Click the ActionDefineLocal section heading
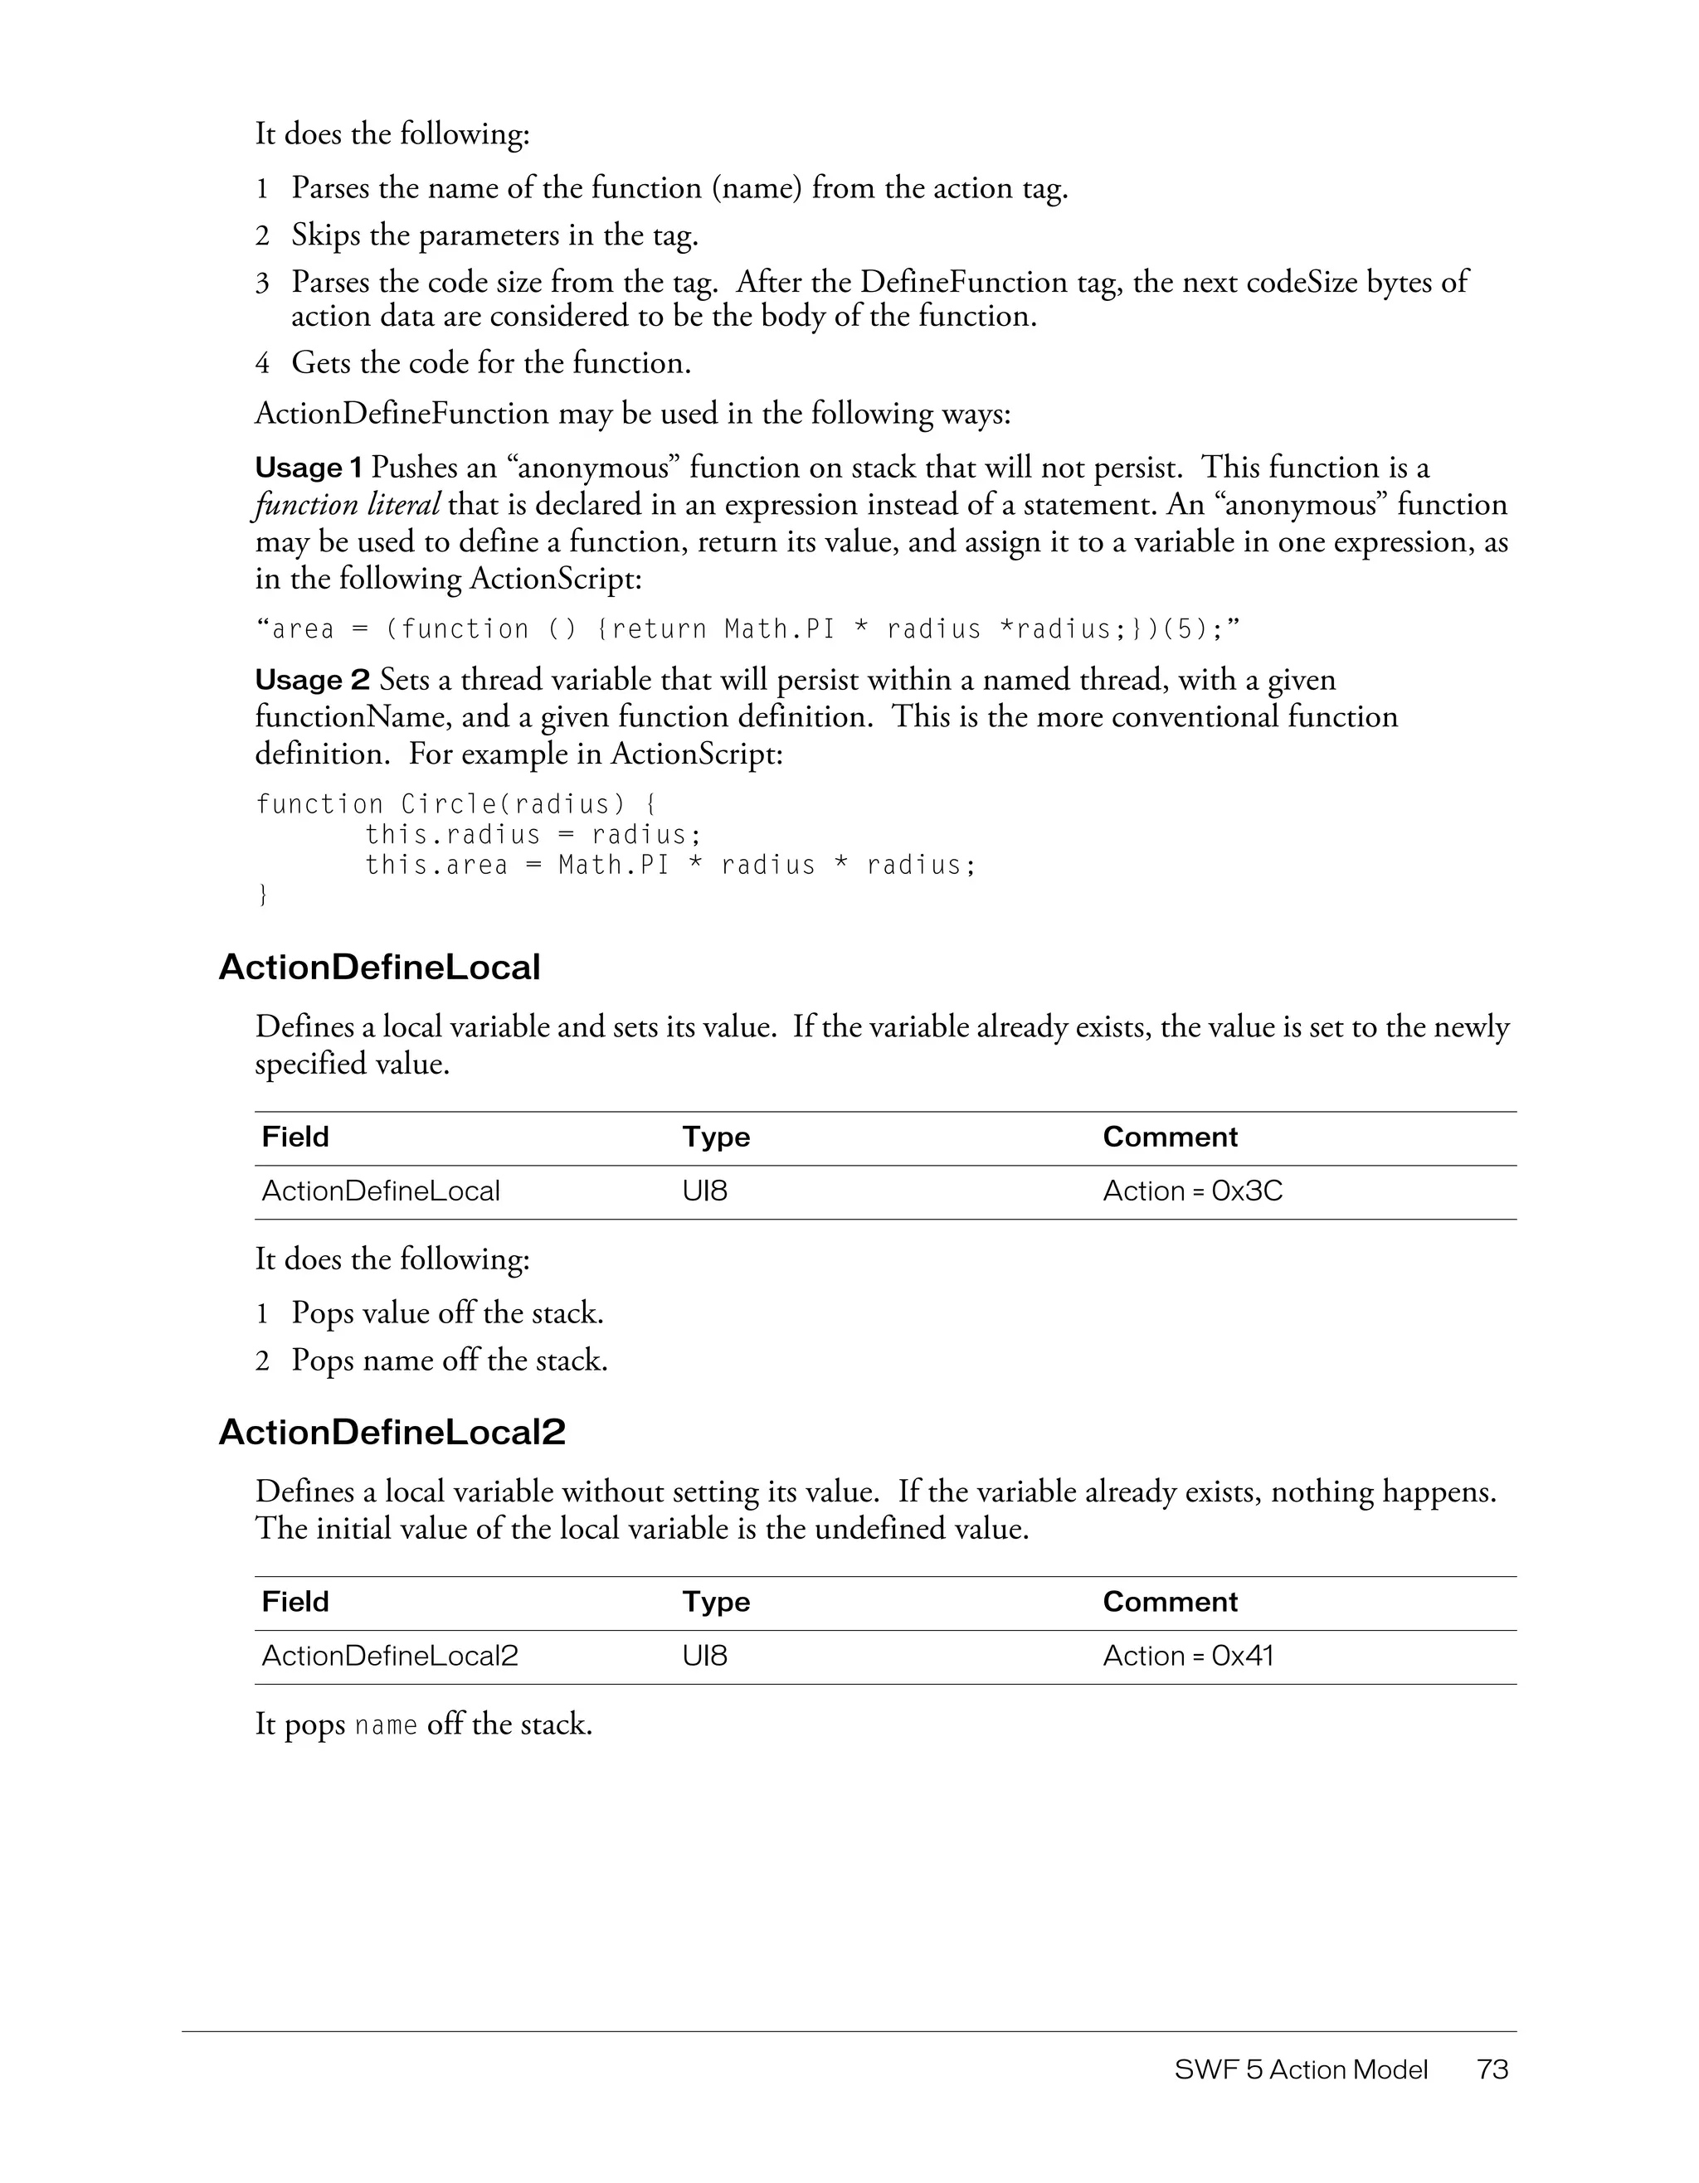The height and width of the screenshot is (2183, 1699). (x=379, y=968)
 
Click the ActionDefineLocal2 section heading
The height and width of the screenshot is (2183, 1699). (x=392, y=1433)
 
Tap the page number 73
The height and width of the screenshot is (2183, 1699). (x=1492, y=2069)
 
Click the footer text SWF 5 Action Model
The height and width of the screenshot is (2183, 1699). (x=1300, y=2069)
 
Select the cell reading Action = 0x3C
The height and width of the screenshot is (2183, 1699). (x=1192, y=1191)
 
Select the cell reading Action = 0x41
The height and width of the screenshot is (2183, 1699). (x=1187, y=1657)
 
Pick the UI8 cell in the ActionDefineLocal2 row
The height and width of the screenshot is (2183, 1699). (x=705, y=1657)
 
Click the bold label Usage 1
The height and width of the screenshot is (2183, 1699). (x=308, y=468)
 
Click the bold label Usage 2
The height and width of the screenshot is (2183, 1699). (x=312, y=681)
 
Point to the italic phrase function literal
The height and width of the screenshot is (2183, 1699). (x=346, y=505)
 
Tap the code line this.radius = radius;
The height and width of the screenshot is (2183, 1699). (x=532, y=835)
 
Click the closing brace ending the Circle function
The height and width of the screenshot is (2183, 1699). (x=262, y=895)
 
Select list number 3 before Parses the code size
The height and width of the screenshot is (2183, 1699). (x=262, y=283)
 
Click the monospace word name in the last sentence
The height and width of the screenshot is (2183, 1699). (x=386, y=1726)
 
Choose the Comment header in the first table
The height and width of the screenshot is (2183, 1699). (x=1169, y=1138)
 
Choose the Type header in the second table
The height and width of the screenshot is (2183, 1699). (x=716, y=1603)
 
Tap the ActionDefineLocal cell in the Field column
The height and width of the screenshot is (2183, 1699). (x=380, y=1191)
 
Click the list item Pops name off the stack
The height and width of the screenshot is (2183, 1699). (x=449, y=1361)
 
